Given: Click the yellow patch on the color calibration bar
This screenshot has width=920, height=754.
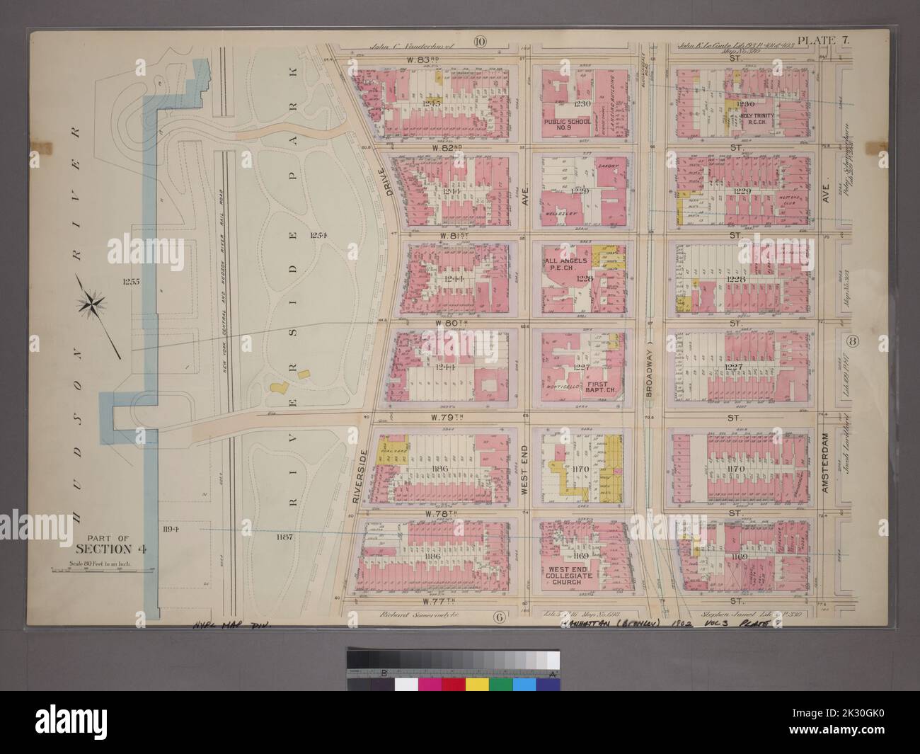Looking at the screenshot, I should [x=476, y=684].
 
